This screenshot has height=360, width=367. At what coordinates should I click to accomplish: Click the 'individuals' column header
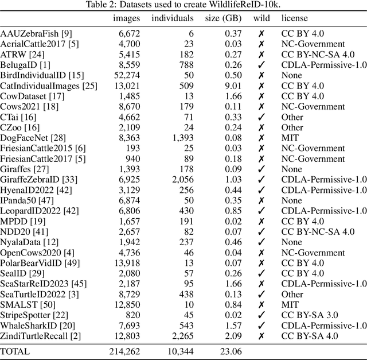click(172, 18)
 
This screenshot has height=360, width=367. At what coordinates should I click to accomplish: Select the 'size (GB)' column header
click(223, 18)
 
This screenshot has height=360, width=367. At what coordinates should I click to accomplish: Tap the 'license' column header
click(294, 18)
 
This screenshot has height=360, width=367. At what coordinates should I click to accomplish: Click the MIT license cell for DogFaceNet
click(290, 138)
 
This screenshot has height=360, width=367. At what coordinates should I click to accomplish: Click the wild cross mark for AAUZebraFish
click(261, 34)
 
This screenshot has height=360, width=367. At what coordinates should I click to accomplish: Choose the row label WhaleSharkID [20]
click(40, 326)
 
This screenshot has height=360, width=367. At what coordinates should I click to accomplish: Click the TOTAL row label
click(15, 351)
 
